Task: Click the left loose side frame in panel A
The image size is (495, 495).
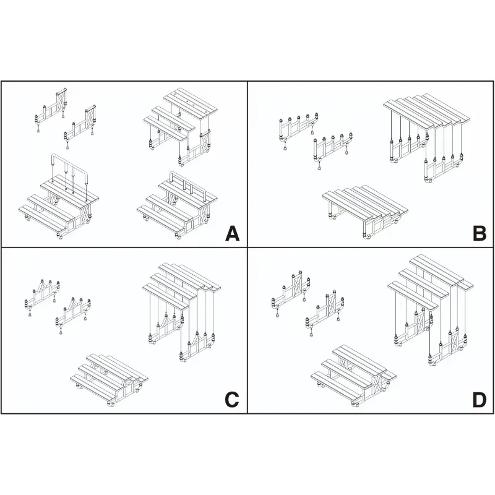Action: pos(51,108)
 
